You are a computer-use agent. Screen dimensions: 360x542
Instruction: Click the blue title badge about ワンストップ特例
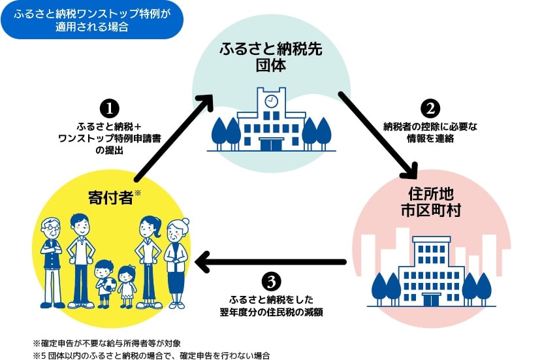91,20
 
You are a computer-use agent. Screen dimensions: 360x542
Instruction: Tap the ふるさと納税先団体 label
271,57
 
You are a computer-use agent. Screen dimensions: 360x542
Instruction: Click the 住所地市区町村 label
431,202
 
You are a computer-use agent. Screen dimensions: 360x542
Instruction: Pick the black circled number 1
108,106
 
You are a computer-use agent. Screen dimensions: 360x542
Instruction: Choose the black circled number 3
271,281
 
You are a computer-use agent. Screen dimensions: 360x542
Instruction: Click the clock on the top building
271,101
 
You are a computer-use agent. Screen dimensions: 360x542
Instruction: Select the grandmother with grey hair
177,261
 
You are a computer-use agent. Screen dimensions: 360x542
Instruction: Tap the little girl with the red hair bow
127,284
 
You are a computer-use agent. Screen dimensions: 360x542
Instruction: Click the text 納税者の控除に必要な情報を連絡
430,133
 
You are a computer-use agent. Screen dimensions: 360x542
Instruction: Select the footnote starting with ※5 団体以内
151,355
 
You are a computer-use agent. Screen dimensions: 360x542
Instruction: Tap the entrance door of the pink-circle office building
431,299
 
